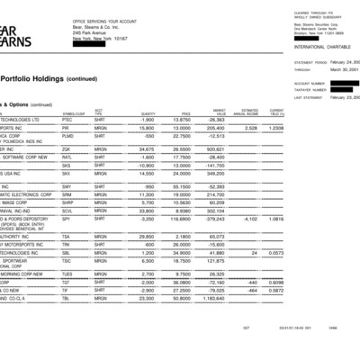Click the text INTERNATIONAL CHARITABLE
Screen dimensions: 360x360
click(319, 44)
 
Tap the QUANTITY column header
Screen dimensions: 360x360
click(147, 112)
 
